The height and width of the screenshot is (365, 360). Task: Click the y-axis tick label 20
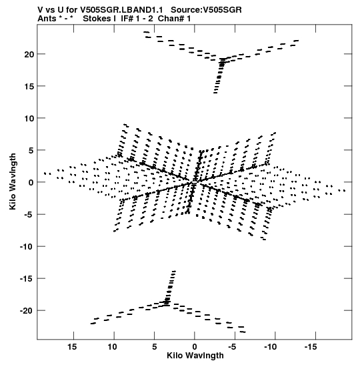29,55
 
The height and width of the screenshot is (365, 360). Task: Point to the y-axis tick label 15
29,86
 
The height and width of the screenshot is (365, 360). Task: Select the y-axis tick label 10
29,119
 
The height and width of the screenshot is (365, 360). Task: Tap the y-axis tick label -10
27,247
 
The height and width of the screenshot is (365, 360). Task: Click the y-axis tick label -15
27,279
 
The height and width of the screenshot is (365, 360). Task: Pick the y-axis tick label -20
27,311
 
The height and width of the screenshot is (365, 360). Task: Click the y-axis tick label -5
29,215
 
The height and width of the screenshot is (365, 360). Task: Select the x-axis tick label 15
72,347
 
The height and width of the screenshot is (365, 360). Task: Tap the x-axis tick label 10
113,347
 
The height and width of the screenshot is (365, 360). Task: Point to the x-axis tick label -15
311,347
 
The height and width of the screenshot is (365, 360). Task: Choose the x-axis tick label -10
270,347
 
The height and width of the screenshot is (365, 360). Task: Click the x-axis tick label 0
195,347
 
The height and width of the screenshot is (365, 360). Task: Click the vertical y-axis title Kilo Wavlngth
13,181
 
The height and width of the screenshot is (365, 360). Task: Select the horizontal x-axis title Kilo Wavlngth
195,356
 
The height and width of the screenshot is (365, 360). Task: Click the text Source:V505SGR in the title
206,10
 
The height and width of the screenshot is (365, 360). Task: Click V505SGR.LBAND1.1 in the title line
121,10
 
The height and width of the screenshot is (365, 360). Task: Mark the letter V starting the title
40,10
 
